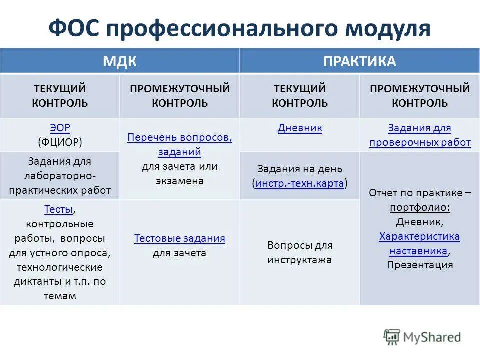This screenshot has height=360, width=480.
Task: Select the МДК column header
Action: (x=120, y=61)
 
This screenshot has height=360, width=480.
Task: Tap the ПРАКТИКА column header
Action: (x=359, y=61)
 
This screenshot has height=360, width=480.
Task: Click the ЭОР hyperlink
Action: (x=60, y=128)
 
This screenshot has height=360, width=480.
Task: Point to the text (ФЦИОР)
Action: (x=60, y=142)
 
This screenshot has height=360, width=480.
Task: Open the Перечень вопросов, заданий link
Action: (x=180, y=144)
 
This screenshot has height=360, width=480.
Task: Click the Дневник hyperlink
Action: (x=300, y=128)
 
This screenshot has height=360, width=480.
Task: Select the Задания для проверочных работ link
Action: (x=420, y=135)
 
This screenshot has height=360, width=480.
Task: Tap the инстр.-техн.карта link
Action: (x=300, y=183)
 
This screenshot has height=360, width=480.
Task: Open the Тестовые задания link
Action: (x=180, y=239)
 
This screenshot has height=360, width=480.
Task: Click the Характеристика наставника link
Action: (x=420, y=243)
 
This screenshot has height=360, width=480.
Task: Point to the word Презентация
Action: (x=420, y=265)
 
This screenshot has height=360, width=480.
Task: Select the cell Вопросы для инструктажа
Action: (x=300, y=253)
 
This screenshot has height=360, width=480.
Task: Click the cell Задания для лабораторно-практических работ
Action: (x=60, y=176)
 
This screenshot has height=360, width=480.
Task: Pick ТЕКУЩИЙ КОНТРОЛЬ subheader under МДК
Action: (x=60, y=96)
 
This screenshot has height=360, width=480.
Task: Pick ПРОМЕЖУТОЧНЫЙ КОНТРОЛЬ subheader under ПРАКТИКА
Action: (x=420, y=96)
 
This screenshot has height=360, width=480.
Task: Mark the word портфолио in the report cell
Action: (x=420, y=207)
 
